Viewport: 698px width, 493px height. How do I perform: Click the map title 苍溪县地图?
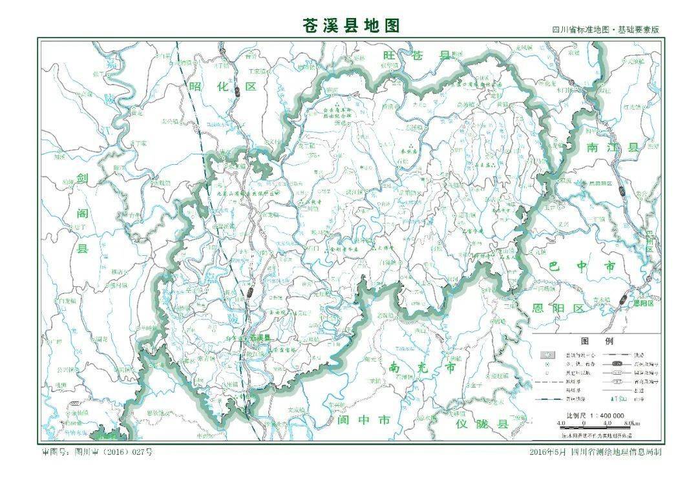(352, 25)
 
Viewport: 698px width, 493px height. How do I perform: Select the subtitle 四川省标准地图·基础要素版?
(605, 30)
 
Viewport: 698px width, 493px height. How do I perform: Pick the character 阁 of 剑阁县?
(82, 213)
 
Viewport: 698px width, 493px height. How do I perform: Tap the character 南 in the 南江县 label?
(593, 147)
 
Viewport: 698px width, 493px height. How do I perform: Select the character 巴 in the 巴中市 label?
(554, 266)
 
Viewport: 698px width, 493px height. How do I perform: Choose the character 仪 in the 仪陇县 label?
(462, 424)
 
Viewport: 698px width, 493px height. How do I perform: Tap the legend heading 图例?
(597, 341)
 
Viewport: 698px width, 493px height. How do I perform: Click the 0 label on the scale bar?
(584, 423)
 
